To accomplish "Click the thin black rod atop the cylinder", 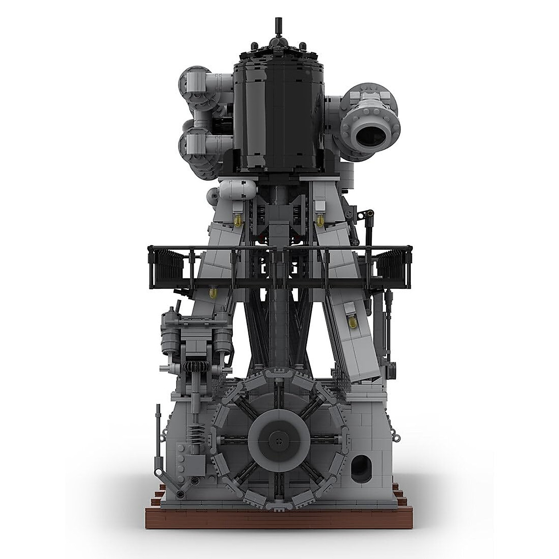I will coord(279,27).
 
